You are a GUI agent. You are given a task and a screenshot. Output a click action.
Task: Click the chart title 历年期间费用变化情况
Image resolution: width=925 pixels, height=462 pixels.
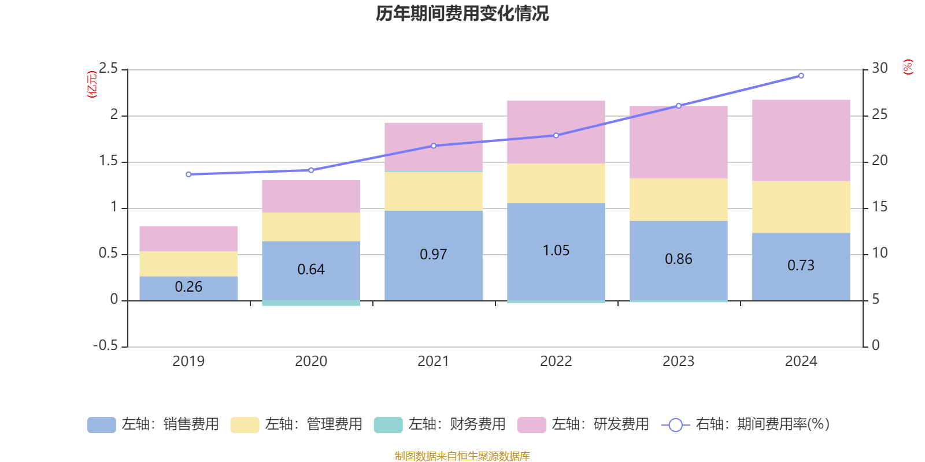(x=462, y=13)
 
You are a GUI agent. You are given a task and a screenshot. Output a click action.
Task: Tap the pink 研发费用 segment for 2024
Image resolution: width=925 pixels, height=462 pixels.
(x=801, y=140)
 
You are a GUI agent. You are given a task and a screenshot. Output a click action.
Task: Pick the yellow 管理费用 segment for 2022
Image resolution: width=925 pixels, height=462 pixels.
(x=556, y=183)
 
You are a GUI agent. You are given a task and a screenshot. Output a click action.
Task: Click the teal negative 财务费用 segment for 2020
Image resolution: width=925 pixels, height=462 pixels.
(x=311, y=303)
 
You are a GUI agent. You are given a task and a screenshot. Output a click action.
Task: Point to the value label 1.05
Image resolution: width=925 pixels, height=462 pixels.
(x=556, y=251)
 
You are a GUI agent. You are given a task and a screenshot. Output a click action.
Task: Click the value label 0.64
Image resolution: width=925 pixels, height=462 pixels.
(x=311, y=270)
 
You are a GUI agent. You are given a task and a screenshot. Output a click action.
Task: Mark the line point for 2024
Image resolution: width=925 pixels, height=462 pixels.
(x=801, y=76)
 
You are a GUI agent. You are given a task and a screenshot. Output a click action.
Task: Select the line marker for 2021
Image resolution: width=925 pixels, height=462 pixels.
(x=434, y=146)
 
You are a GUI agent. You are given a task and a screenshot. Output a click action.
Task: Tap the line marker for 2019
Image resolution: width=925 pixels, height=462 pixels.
(x=188, y=174)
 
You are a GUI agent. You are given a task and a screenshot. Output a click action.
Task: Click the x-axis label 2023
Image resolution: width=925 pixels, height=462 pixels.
(x=678, y=362)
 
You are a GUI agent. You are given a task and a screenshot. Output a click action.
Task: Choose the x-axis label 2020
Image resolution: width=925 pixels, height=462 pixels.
(x=311, y=362)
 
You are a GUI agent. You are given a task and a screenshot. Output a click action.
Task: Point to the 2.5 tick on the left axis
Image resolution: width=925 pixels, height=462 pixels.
(x=108, y=69)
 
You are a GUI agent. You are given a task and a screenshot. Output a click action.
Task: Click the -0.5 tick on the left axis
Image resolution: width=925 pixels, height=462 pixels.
(x=106, y=345)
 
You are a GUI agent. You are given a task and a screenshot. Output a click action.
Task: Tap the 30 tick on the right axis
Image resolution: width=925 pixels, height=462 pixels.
(x=879, y=69)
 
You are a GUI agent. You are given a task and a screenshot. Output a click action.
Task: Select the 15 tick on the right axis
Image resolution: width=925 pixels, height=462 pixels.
(x=879, y=207)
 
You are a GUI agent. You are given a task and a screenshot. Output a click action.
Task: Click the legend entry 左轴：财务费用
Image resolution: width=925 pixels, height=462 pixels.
(x=440, y=424)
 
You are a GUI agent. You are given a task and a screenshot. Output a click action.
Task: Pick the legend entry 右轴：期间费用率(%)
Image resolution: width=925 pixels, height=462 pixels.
(x=746, y=424)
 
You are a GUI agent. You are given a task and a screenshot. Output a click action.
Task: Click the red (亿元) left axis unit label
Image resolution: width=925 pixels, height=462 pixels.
(x=91, y=84)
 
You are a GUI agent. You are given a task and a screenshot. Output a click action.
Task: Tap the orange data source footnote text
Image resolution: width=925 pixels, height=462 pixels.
(x=462, y=456)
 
